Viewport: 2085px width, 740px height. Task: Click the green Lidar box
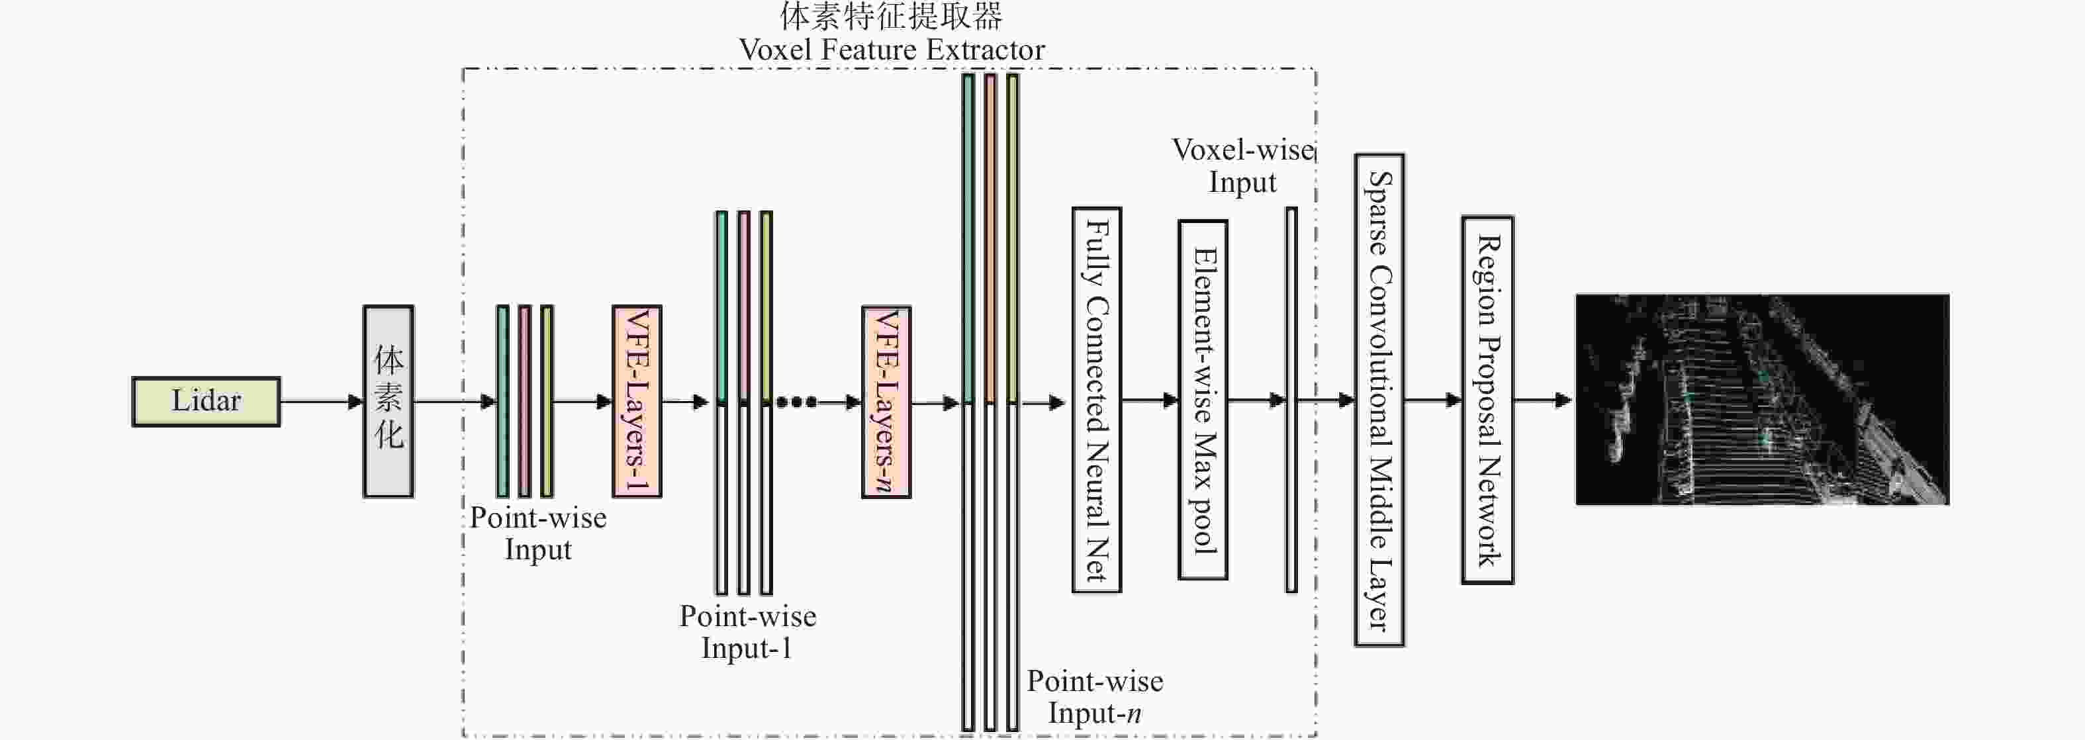[206, 400]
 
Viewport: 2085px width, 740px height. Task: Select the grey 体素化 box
[388, 400]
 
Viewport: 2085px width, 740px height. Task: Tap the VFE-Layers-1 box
[637, 400]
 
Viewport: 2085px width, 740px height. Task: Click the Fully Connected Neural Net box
[1097, 400]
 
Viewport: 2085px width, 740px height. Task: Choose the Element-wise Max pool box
[1203, 400]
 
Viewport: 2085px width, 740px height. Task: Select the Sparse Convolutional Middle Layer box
[1379, 400]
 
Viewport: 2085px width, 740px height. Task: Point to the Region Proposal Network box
[1488, 400]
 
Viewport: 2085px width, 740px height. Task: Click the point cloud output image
[1762, 399]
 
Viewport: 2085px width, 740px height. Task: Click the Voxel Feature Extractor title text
[891, 50]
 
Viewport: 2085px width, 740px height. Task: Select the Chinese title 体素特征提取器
[891, 16]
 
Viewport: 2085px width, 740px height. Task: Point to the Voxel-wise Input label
[1242, 166]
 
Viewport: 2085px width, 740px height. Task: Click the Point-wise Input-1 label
[747, 632]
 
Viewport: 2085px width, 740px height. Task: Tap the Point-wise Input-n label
[1095, 697]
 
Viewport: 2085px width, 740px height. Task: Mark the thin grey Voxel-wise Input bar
[1291, 400]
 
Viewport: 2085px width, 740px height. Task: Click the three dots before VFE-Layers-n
[796, 402]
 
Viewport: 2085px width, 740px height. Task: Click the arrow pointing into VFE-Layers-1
[582, 400]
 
